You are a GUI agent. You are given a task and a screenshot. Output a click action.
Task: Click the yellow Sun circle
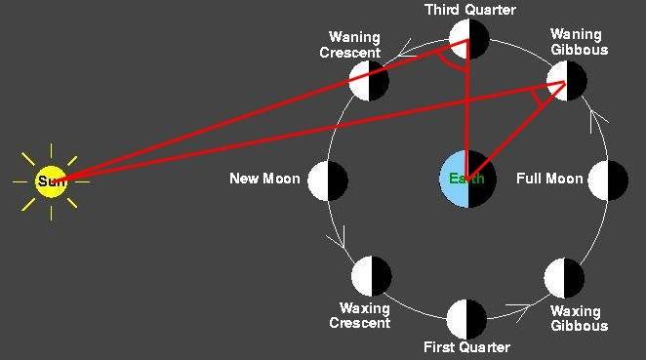point(51,180)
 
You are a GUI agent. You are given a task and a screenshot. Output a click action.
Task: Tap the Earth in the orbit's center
point(468,180)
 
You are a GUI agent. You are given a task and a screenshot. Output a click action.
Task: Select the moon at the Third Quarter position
point(468,39)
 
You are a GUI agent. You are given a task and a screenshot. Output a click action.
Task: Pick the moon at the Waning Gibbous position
point(566,81)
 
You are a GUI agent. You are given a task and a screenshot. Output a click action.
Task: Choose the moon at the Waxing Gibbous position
point(566,278)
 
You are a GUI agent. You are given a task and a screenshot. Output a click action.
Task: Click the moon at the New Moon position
point(328,180)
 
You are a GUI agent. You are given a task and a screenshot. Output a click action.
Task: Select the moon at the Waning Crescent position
point(370,81)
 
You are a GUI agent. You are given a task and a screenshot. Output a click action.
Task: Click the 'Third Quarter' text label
point(470,10)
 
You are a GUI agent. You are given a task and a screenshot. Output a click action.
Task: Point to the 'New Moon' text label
point(264,180)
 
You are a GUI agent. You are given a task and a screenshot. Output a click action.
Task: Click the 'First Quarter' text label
point(466,347)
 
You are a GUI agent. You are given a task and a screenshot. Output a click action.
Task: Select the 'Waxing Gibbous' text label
point(576,319)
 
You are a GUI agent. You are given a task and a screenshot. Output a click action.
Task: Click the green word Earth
point(465,180)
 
